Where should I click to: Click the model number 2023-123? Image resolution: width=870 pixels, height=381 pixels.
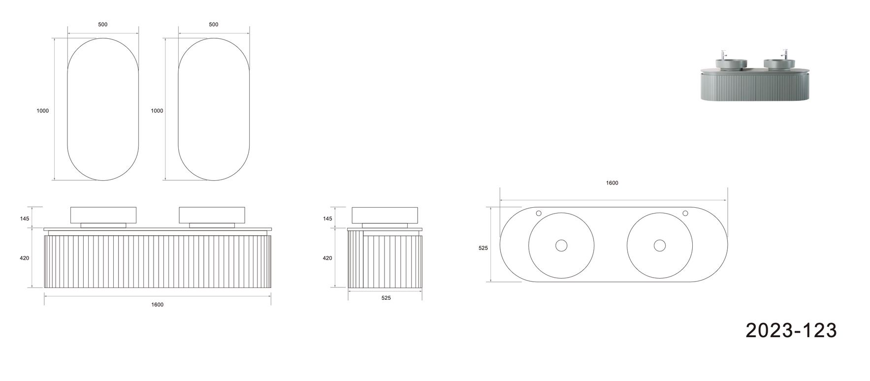(791, 330)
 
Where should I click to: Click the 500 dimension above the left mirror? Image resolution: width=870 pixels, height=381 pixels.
(103, 25)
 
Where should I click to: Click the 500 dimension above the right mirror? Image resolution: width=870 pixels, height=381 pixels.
(214, 25)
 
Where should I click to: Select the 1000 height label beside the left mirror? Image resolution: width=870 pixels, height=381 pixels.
(43, 111)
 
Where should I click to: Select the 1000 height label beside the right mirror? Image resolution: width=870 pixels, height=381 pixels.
(157, 111)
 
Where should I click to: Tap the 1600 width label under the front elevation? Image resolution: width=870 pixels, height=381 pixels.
(158, 305)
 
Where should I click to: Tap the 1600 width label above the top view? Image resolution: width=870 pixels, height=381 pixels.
(612, 183)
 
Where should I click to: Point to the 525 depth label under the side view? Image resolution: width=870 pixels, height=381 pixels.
(386, 298)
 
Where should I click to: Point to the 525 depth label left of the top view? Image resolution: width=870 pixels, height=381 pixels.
(483, 248)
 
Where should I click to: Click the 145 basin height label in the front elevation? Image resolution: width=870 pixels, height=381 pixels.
(25, 219)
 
